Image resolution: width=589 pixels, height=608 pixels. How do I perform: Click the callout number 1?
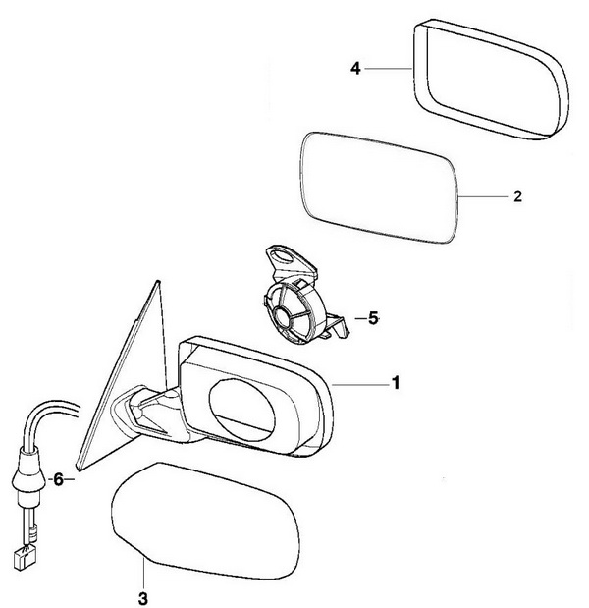[396, 382]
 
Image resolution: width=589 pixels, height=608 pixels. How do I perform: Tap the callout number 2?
[517, 195]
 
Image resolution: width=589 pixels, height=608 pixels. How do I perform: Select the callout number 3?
[143, 594]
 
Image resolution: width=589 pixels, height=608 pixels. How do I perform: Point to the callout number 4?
[357, 68]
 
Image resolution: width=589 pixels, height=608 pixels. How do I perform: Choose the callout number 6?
[58, 480]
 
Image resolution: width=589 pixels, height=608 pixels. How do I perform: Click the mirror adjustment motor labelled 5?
[294, 304]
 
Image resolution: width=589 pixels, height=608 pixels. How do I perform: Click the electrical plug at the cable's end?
[21, 561]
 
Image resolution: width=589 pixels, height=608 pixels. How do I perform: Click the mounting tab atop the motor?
[289, 258]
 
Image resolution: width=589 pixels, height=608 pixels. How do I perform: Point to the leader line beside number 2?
[482, 195]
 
